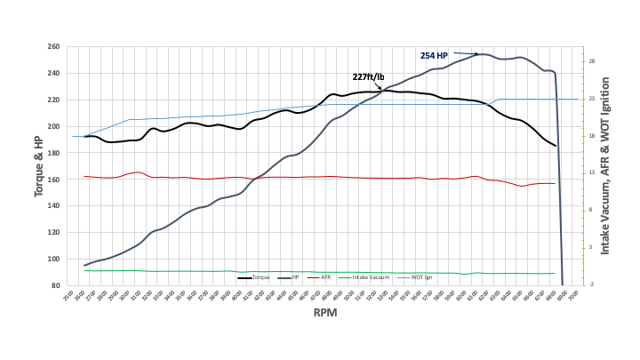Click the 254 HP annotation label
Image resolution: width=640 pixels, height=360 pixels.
pos(435,55)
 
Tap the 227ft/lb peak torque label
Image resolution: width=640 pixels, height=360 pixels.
pos(369,76)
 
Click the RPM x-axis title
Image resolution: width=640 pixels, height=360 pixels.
pos(324,314)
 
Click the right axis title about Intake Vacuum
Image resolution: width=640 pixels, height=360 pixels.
pos(606,165)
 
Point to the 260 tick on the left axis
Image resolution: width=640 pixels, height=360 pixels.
pos(54,46)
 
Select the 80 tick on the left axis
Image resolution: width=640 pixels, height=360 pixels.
pos(57,285)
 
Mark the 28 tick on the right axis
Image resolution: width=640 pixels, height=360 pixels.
pos(591,61)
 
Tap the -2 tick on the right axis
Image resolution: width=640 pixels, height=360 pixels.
pos(591,284)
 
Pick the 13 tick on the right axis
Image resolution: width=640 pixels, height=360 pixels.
pos(591,172)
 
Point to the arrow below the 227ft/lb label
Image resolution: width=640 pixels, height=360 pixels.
pos(380,87)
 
